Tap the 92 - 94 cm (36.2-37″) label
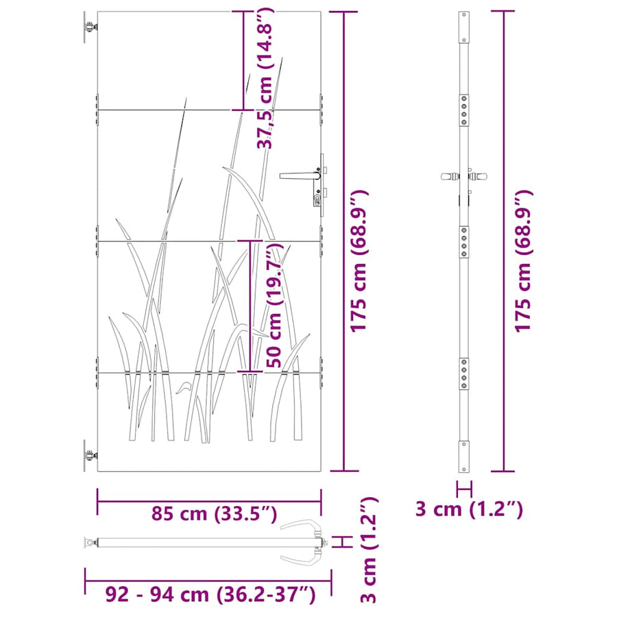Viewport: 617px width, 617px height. click(210, 594)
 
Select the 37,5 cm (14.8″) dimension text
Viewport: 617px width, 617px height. click(265, 78)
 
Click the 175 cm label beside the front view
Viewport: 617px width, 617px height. click(359, 261)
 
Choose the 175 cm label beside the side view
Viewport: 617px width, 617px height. click(523, 261)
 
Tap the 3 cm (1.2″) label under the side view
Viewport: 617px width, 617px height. click(469, 509)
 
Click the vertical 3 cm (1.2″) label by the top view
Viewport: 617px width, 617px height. click(370, 550)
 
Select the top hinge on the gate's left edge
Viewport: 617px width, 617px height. click(90, 27)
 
